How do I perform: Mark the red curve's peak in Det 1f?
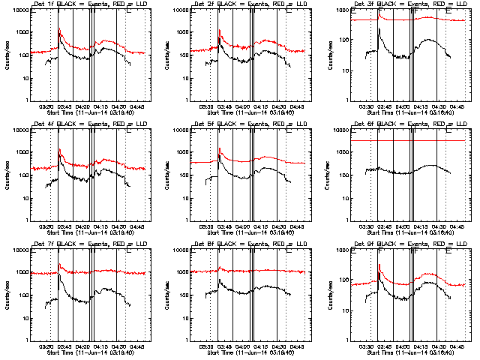[59, 29]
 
